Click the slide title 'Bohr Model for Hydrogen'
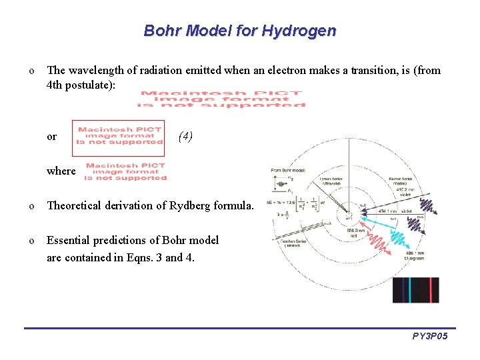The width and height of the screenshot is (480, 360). click(x=240, y=31)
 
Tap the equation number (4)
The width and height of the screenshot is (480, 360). click(x=185, y=137)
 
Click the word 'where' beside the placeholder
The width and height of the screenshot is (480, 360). click(x=61, y=171)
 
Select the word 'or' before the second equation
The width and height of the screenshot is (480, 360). click(x=52, y=137)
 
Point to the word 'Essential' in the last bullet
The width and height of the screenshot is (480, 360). click(x=69, y=240)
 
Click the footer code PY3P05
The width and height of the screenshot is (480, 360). click(x=430, y=337)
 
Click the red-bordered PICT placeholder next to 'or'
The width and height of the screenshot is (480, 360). click(x=119, y=137)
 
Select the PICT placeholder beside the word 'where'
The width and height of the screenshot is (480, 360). click(x=126, y=171)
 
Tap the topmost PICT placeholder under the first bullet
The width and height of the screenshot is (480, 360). click(x=222, y=99)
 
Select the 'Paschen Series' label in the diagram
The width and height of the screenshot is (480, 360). click(x=291, y=245)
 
